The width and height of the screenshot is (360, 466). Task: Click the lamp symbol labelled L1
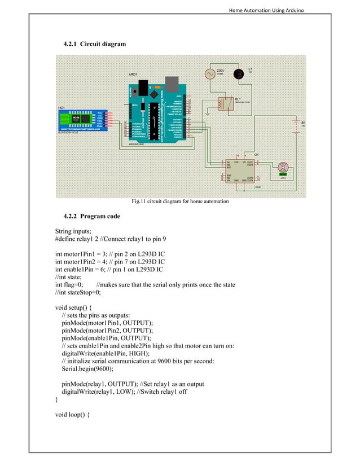click(239, 73)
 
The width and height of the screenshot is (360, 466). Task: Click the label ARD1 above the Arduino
click(133, 74)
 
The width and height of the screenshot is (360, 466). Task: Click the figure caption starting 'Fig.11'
click(180, 201)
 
